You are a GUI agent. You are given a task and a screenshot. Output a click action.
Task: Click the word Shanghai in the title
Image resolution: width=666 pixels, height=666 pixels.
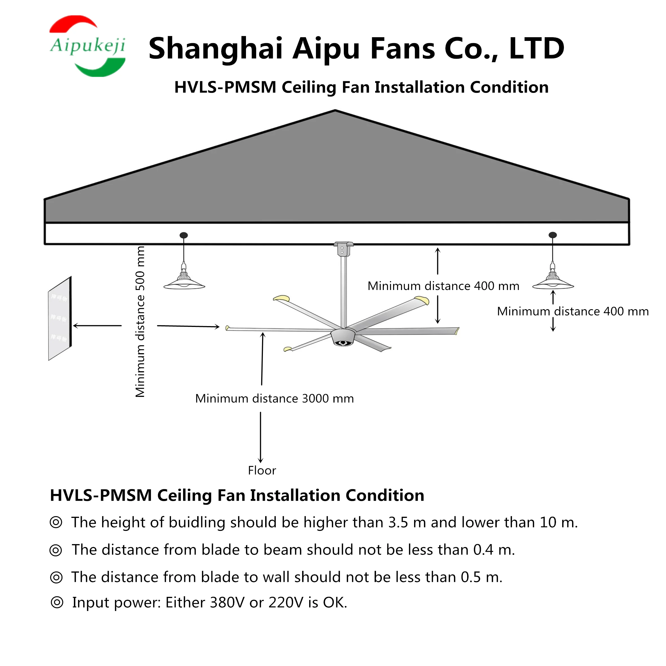216,49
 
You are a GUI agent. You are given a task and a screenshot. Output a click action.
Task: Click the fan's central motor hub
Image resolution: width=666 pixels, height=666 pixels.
343,337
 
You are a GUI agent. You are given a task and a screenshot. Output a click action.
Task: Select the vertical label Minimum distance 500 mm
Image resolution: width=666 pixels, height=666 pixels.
140,322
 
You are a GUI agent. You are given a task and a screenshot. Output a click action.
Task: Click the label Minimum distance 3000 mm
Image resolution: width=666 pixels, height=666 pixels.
274,399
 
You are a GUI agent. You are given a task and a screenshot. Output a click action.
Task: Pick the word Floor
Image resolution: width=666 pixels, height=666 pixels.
262,471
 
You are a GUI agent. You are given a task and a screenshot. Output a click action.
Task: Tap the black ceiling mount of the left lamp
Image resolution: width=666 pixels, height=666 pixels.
184,235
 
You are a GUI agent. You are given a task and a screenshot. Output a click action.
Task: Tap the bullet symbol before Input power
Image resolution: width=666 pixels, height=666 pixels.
57,603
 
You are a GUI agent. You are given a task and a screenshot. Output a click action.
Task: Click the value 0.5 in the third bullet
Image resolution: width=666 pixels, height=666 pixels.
471,577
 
